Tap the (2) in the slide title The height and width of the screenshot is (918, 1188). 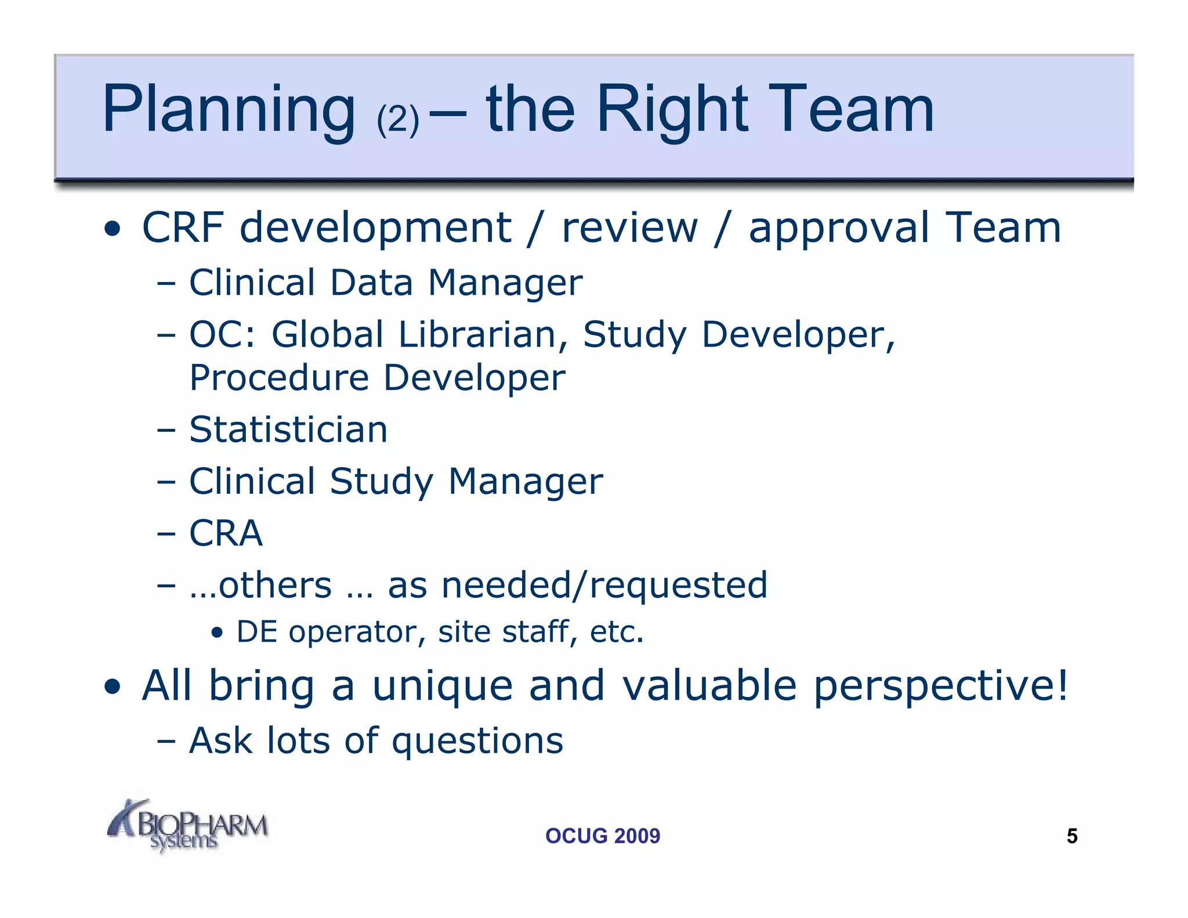pos(397,119)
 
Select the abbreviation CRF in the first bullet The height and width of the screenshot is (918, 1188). pos(183,227)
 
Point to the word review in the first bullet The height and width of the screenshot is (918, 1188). pos(629,227)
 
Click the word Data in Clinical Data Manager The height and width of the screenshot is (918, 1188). pos(371,283)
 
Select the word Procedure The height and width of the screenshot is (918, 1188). pos(279,378)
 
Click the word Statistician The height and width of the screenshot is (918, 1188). pos(288,430)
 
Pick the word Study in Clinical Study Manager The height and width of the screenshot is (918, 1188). pos(381,482)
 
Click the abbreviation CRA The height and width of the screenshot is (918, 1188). pos(226,533)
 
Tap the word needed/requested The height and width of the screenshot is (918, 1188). pos(604,585)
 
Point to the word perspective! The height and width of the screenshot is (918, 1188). pos(940,686)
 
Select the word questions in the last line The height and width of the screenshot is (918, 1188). pos(477,742)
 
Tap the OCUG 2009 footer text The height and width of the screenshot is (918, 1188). pos(602,836)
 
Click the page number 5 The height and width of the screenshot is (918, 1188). pos(1071,836)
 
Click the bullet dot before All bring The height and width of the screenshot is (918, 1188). pos(113,688)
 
